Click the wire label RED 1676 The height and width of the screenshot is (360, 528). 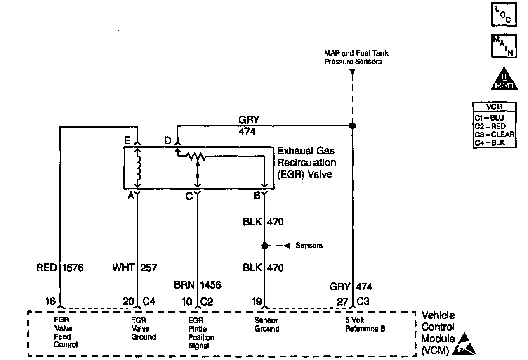(60, 268)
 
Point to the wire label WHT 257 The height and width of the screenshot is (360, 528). (135, 268)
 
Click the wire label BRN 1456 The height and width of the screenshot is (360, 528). (198, 285)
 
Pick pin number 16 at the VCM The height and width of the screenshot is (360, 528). (50, 302)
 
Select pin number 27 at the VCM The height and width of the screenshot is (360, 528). (342, 302)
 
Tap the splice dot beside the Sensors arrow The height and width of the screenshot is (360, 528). (264, 246)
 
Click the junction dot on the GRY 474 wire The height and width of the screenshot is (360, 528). (352, 126)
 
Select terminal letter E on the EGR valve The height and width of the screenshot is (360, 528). (127, 141)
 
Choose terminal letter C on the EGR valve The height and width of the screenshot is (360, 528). (189, 197)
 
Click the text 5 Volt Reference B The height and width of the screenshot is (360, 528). (365, 325)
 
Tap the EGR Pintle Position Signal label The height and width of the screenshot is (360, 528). (201, 333)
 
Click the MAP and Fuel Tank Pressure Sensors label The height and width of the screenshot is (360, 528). (356, 57)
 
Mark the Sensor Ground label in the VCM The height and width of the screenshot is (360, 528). (266, 325)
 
